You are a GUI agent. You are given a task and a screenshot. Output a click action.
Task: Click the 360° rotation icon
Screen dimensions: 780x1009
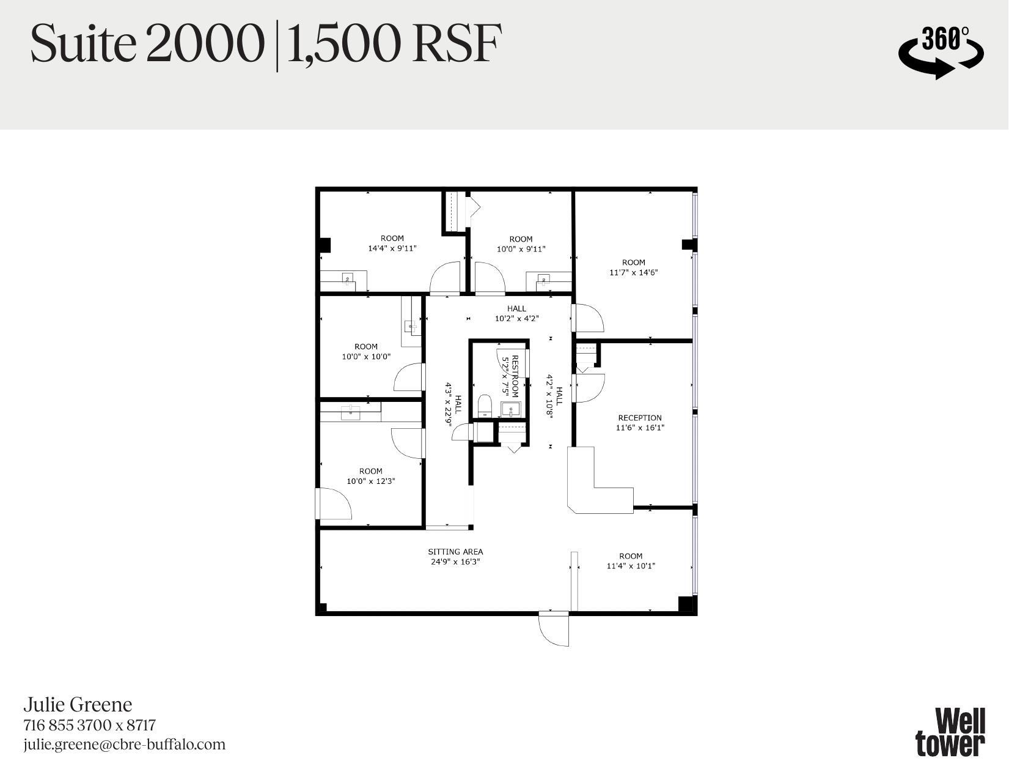[941, 52]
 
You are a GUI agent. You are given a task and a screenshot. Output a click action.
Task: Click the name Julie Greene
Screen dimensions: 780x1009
[78, 705]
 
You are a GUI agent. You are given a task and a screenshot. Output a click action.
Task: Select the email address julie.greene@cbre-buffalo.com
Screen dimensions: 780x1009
[125, 745]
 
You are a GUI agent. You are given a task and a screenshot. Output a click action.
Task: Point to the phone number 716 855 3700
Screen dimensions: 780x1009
[67, 725]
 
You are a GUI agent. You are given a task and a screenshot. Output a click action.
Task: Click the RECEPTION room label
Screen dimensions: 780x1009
[639, 418]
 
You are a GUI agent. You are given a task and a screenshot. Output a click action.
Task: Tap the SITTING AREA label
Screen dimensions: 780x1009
[455, 551]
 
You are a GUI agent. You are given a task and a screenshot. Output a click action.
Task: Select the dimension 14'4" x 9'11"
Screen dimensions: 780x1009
[392, 248]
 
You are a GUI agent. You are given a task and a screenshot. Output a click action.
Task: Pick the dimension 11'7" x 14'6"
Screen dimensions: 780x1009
[633, 272]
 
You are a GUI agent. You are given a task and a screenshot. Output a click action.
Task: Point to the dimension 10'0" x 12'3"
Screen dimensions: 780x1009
[370, 481]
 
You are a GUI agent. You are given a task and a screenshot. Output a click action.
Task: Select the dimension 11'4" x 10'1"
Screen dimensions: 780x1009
[630, 566]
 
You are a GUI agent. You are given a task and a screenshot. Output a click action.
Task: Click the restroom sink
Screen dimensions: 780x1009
[510, 408]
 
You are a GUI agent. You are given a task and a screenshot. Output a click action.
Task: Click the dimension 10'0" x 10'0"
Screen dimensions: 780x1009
[365, 356]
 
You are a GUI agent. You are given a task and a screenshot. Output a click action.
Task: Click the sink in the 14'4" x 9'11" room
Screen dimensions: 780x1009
[348, 280]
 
